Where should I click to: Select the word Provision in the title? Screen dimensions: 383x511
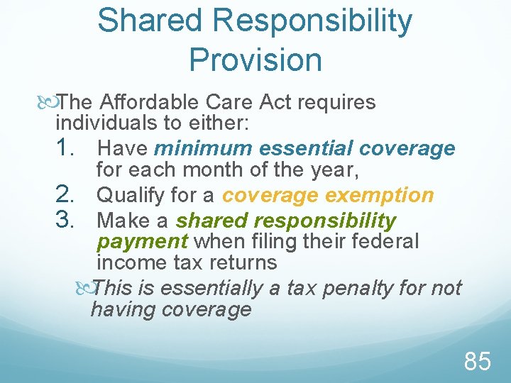[255, 60]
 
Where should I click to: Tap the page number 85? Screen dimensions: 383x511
[478, 362]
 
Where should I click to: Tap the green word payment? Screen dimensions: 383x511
[142, 241]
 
